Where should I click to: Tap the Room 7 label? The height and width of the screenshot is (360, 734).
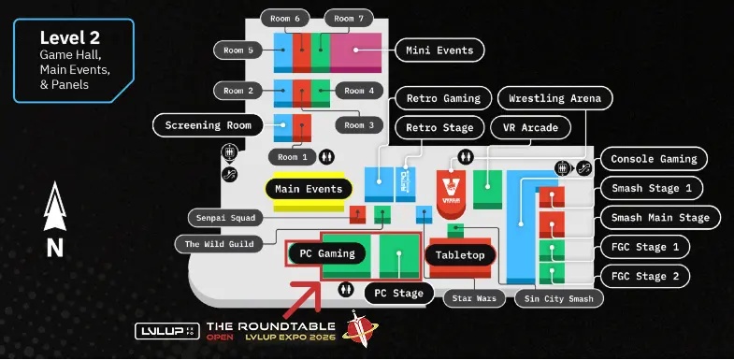pyautogui.click(x=348, y=18)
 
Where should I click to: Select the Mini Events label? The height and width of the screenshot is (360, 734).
pyautogui.click(x=440, y=50)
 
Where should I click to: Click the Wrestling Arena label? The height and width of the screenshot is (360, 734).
pyautogui.click(x=555, y=97)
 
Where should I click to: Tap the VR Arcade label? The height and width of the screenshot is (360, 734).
pyautogui.click(x=530, y=127)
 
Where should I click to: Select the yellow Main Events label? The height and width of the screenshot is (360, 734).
pyautogui.click(x=309, y=189)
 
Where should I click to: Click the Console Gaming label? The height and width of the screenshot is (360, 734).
pyautogui.click(x=653, y=158)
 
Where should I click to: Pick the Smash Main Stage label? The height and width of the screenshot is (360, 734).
pyautogui.click(x=660, y=218)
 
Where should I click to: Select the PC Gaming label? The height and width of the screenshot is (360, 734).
pyautogui.click(x=322, y=252)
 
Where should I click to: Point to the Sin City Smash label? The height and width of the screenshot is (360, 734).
pyautogui.click(x=560, y=298)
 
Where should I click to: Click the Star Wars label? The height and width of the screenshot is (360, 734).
pyautogui.click(x=468, y=298)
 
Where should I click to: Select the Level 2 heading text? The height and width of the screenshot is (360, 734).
pyautogui.click(x=70, y=37)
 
